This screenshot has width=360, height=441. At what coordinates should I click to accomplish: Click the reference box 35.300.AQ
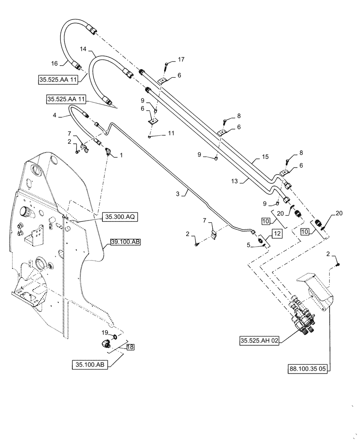click(120, 217)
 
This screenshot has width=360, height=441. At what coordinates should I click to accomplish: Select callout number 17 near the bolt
click(181, 59)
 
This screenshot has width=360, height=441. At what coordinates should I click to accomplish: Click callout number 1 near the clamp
click(122, 156)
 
